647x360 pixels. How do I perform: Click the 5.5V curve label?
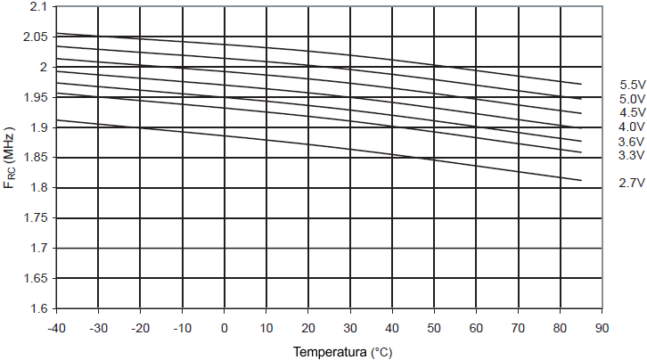point(632,85)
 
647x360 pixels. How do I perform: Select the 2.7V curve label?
point(632,183)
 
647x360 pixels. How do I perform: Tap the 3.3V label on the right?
point(632,156)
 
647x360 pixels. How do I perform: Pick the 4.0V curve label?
point(632,127)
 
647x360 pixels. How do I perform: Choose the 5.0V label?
point(632,99)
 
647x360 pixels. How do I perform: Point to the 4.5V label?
point(632,113)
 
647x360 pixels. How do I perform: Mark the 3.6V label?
point(632,143)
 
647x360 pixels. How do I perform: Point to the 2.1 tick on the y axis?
point(38,6)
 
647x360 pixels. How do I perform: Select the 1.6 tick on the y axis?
point(38,308)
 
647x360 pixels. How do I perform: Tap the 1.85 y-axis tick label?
point(36,158)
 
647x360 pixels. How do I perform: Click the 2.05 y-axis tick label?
point(36,37)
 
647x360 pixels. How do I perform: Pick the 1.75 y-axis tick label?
point(36,218)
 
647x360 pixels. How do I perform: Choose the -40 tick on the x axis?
point(56,326)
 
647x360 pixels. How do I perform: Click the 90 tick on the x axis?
point(602,326)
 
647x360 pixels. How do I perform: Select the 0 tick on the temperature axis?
point(225,326)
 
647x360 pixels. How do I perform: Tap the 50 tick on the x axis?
point(434,326)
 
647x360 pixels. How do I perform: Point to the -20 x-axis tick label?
point(140,326)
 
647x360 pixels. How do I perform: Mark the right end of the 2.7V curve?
point(581,181)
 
